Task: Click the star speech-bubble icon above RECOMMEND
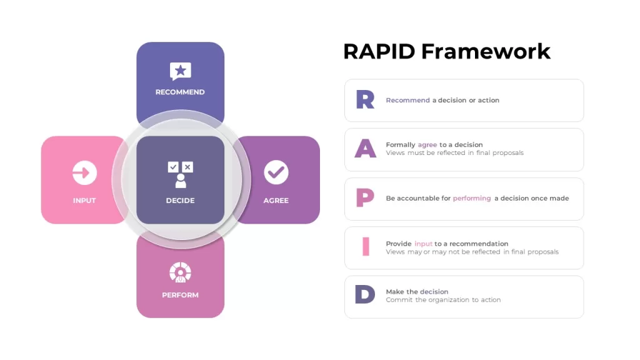tap(181, 71)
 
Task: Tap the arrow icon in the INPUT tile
tap(84, 172)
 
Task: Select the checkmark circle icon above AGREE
tap(276, 172)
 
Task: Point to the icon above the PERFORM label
tap(181, 272)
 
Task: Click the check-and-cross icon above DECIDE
tap(181, 174)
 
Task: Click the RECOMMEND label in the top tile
tap(180, 92)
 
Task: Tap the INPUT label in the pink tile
tap(84, 201)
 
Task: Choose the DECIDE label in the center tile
tap(181, 201)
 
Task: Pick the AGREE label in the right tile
tap(276, 201)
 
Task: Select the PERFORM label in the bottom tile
tap(181, 295)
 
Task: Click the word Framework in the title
tap(486, 52)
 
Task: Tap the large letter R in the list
tap(365, 99)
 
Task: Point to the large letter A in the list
tap(365, 149)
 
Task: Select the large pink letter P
tap(365, 198)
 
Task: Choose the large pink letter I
tap(366, 246)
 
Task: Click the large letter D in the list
tap(365, 294)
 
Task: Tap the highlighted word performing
tap(472, 198)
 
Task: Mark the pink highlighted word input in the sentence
tap(423, 244)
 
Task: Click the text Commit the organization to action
tap(443, 299)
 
